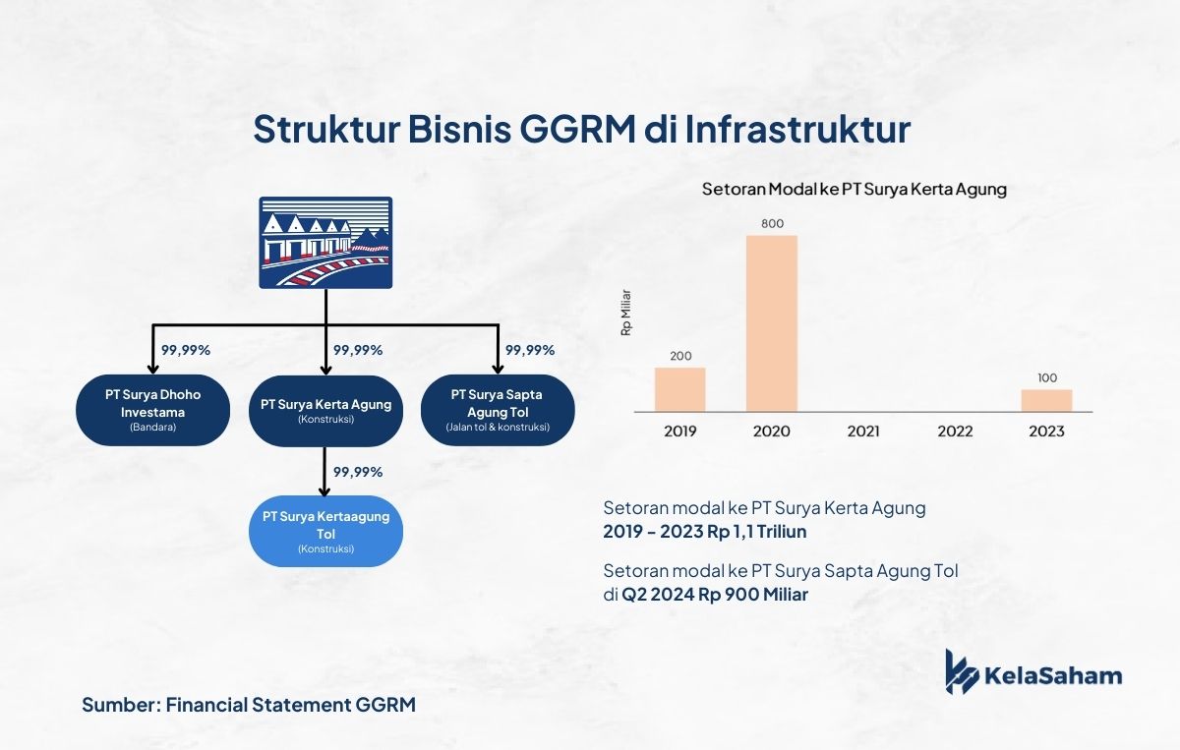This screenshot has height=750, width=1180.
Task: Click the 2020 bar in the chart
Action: (772, 323)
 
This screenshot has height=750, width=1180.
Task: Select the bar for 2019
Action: (680, 390)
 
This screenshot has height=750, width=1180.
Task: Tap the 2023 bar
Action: (1046, 401)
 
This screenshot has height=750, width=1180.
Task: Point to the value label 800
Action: (772, 224)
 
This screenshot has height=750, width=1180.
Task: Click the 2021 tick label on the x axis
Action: (863, 432)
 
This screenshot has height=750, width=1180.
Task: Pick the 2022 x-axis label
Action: (955, 432)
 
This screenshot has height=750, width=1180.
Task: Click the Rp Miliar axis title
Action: (625, 313)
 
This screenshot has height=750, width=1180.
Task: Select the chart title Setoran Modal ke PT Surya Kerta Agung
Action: (854, 189)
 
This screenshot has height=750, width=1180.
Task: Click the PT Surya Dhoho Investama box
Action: (152, 410)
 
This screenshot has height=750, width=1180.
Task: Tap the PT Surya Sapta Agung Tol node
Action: (498, 410)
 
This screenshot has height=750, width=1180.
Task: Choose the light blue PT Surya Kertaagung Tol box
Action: (326, 532)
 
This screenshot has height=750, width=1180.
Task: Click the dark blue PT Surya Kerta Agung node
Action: (326, 411)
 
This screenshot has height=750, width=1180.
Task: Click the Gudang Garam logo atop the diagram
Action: (325, 243)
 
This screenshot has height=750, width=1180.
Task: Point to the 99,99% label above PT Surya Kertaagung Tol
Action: (358, 472)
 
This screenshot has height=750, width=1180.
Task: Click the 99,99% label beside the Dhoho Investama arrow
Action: (186, 350)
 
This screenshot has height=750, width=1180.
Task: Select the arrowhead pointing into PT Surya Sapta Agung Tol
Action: (498, 369)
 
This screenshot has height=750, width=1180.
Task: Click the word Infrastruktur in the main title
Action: (797, 129)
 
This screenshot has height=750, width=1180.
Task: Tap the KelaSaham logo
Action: (1033, 672)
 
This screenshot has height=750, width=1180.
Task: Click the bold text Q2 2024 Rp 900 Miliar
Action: (715, 595)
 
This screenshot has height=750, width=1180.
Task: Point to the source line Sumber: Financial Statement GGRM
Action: (249, 705)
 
